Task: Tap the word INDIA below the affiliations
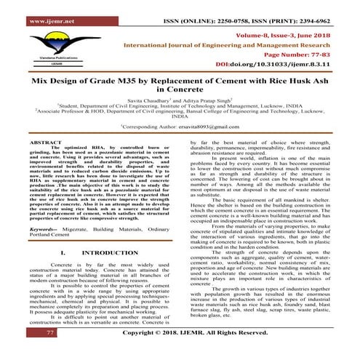180,136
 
